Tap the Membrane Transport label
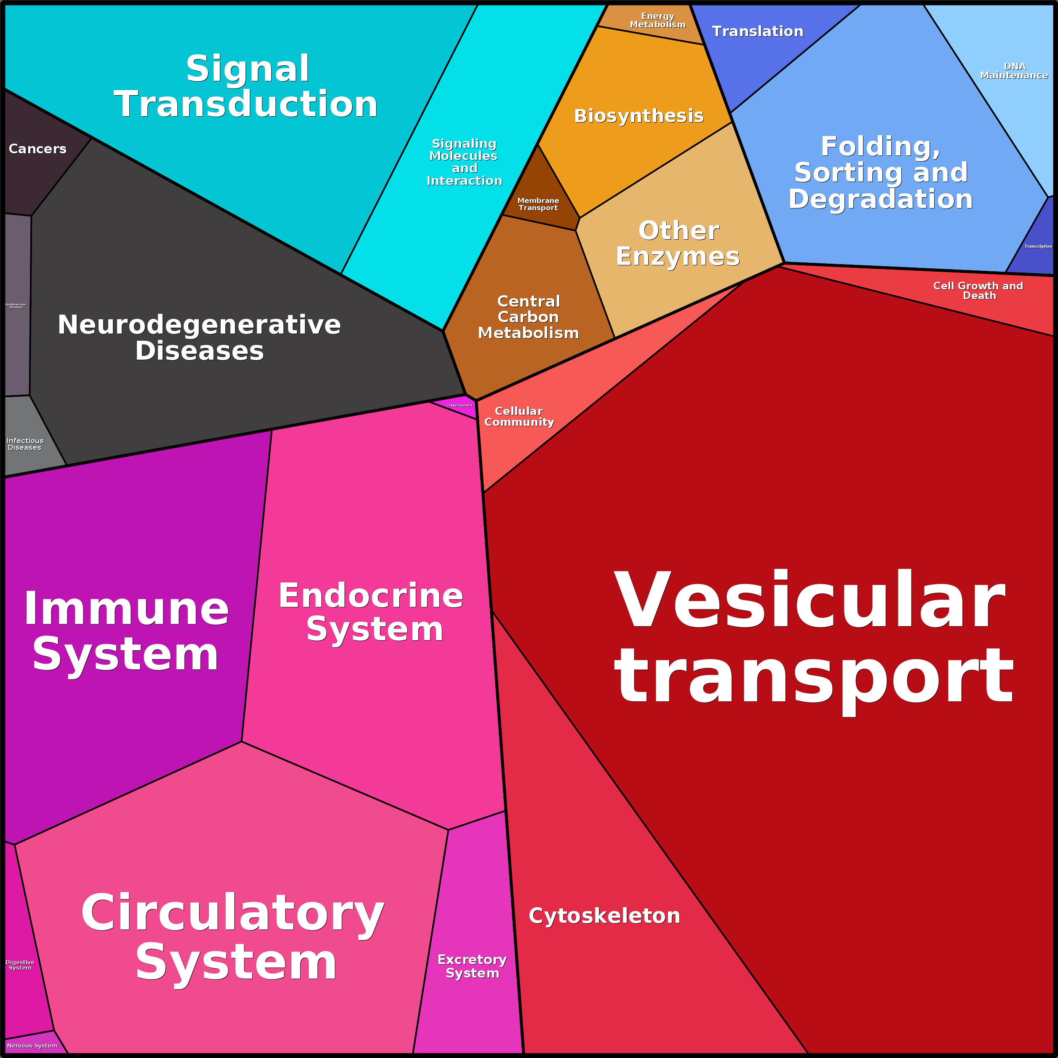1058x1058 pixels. pyautogui.click(x=538, y=204)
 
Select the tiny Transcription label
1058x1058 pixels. pyautogui.click(x=1038, y=246)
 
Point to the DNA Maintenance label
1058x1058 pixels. pyautogui.click(x=1014, y=71)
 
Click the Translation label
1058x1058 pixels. pyautogui.click(x=757, y=31)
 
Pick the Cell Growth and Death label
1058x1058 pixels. pyautogui.click(x=978, y=290)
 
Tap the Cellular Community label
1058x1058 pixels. pyautogui.click(x=518, y=416)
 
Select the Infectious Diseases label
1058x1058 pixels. pyautogui.click(x=25, y=444)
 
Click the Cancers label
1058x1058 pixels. pyautogui.click(x=37, y=148)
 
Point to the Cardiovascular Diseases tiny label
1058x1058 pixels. pyautogui.click(x=16, y=306)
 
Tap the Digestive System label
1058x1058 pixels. pyautogui.click(x=20, y=964)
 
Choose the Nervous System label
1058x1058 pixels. pyautogui.click(x=32, y=1045)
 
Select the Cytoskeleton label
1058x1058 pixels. pyautogui.click(x=604, y=916)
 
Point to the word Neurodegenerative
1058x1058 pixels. pyautogui.click(x=199, y=324)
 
